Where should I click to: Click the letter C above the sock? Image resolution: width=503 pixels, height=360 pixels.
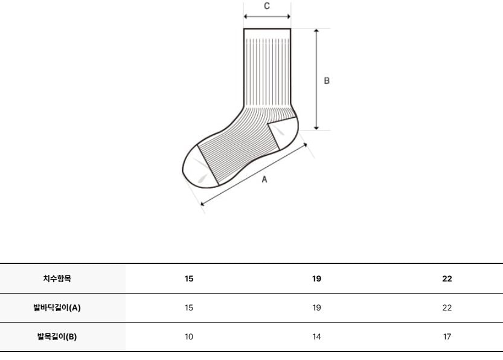(267, 6)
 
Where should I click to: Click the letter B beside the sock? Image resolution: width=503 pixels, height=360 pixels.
(327, 81)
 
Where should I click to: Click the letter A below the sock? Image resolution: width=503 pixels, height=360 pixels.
(264, 179)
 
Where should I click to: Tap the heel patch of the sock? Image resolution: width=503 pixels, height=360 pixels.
(284, 132)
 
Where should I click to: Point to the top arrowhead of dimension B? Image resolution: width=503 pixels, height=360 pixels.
(316, 30)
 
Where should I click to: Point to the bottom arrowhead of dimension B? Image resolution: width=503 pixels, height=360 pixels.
(316, 128)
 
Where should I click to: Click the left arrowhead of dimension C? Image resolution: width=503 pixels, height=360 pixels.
(246, 17)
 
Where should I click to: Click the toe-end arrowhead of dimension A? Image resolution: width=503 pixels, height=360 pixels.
(202, 203)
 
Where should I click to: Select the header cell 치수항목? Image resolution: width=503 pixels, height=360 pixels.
(57, 278)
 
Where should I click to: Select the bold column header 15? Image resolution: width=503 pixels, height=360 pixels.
(189, 278)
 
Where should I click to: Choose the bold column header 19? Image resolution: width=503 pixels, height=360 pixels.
(316, 278)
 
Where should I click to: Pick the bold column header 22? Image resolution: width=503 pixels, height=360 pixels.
(447, 278)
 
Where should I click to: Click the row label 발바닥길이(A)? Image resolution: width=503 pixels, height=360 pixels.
(57, 307)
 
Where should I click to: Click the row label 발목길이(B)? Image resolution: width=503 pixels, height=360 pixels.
(57, 336)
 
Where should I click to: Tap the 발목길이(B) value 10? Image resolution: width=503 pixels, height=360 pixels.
(189, 336)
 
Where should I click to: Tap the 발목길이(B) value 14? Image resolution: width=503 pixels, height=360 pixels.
(316, 336)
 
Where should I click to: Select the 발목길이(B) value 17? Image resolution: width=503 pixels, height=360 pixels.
(447, 336)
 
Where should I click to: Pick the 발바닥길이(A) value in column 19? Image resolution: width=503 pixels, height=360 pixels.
(316, 307)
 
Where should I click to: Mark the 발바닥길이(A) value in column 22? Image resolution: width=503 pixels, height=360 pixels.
(447, 307)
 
